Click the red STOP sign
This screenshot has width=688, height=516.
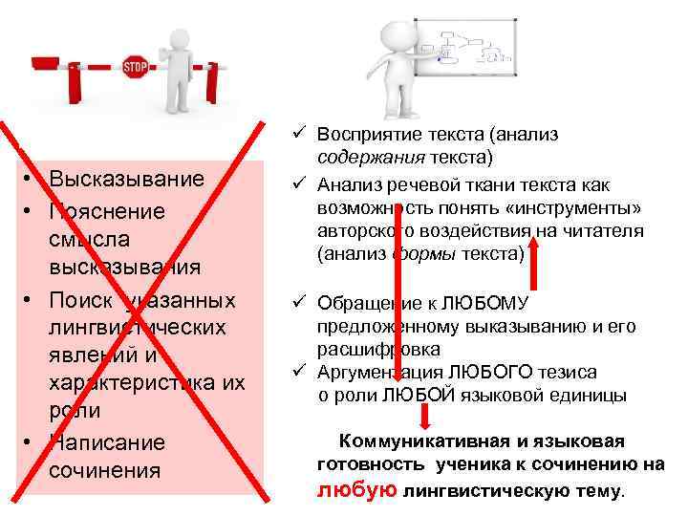click(134, 66)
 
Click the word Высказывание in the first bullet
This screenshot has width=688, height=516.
click(127, 180)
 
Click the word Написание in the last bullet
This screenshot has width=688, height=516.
click(107, 442)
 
